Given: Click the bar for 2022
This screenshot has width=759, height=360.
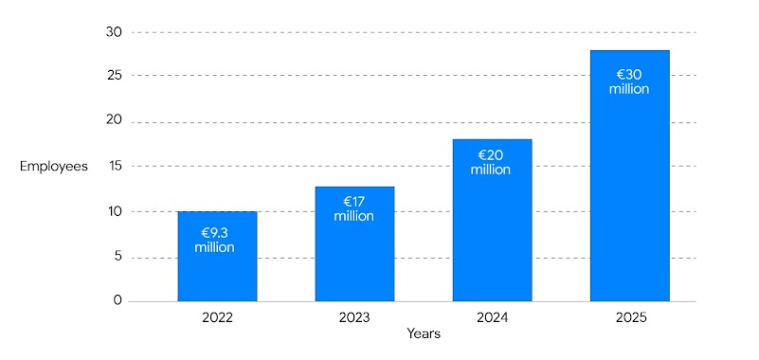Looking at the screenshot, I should [217, 275].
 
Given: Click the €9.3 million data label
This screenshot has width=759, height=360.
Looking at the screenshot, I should [217, 240].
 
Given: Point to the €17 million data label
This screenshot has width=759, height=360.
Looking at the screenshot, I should [354, 208].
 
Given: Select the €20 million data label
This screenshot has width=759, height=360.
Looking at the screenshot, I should [492, 162].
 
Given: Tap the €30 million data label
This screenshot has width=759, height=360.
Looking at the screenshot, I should [629, 81].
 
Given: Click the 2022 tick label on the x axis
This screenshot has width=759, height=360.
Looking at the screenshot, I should [217, 317].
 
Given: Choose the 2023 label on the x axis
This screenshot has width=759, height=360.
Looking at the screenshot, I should [354, 317].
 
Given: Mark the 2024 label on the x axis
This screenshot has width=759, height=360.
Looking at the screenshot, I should [492, 317].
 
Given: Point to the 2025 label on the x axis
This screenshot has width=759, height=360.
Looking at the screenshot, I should [629, 317].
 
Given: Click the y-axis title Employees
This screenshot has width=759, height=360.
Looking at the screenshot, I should [54, 167].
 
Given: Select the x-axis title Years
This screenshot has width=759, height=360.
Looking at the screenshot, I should [424, 334].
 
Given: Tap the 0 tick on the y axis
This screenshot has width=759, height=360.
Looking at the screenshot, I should [118, 301].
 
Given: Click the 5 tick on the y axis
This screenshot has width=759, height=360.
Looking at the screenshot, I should [118, 257].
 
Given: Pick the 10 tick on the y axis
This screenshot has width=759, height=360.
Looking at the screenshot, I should [115, 211].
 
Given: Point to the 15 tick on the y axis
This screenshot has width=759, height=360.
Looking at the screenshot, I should [115, 166].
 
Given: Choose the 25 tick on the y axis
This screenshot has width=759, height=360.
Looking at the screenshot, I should [115, 76].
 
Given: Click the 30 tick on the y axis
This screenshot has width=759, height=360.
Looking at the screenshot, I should [115, 32].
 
